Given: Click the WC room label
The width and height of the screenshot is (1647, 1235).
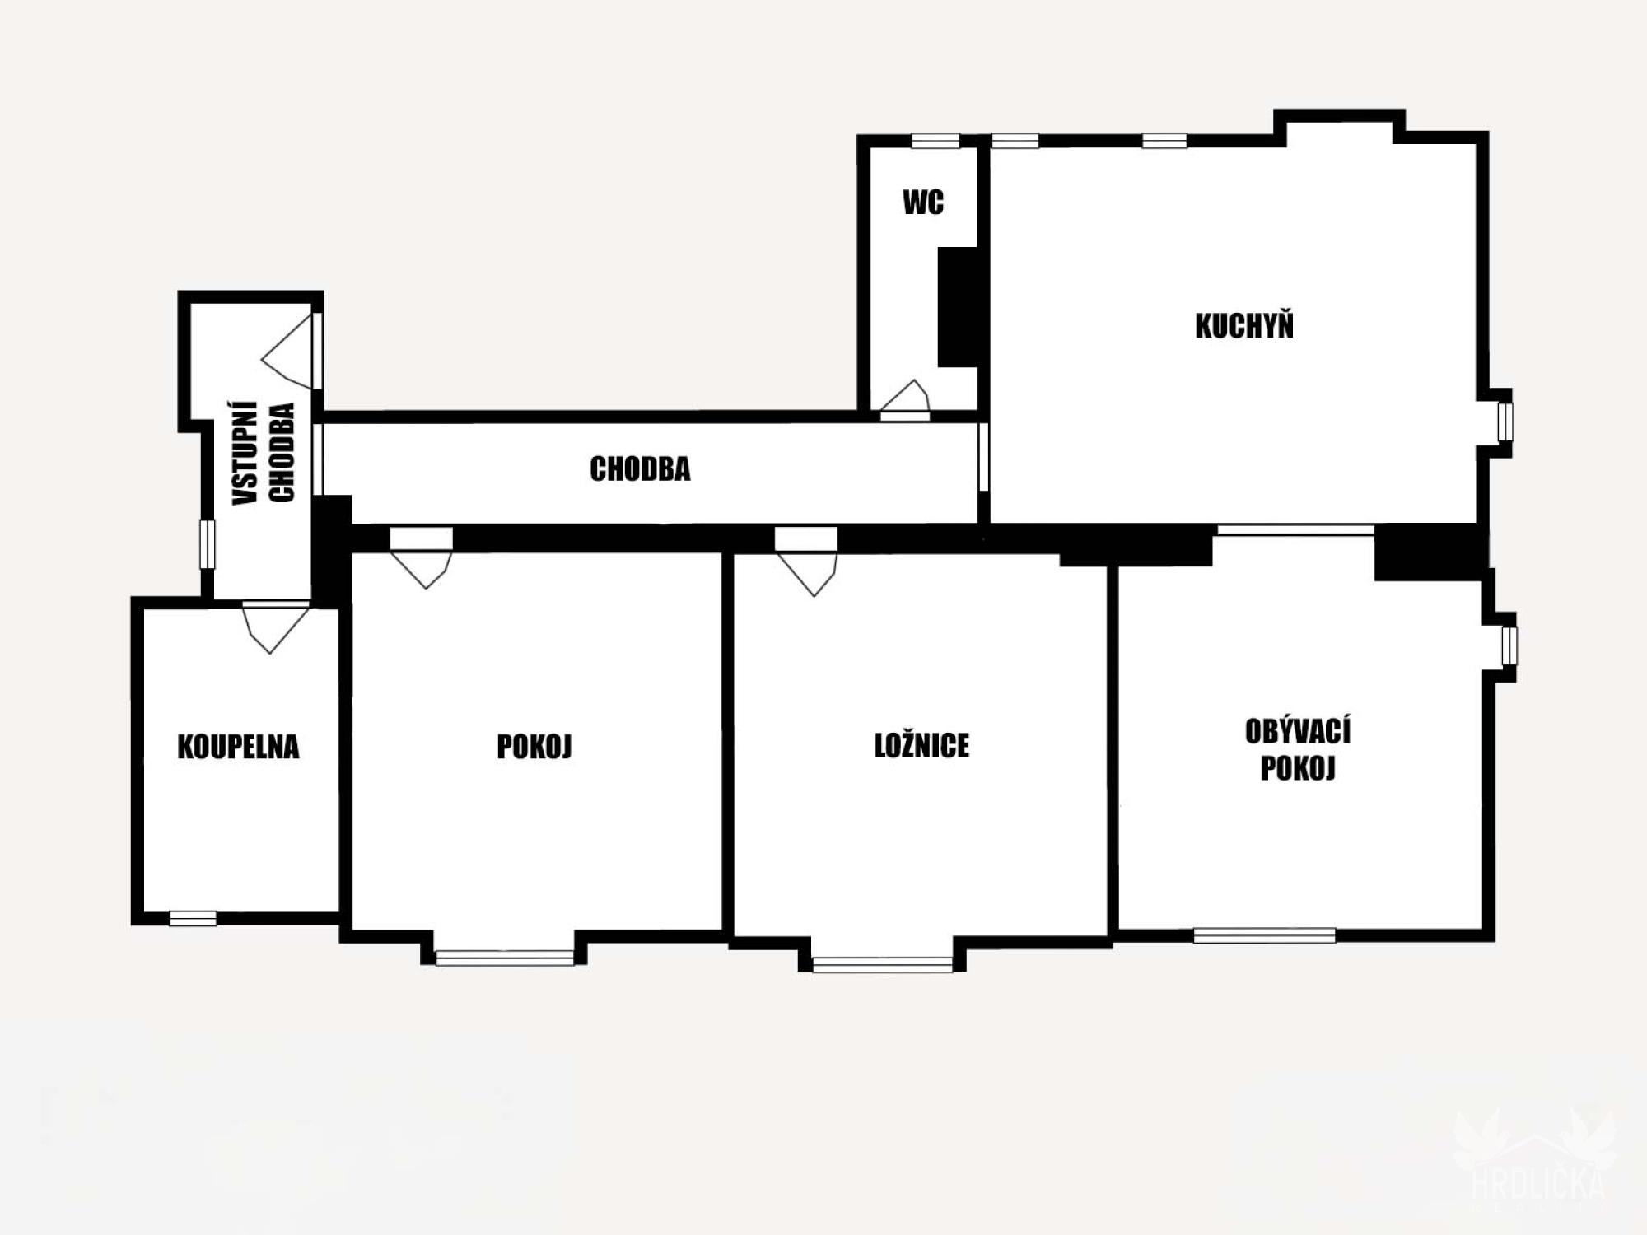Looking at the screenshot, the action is click(x=923, y=203).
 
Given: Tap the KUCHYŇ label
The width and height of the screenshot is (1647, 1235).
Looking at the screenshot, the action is click(x=1244, y=326).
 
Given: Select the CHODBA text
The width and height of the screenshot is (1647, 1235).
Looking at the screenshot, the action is click(x=640, y=469).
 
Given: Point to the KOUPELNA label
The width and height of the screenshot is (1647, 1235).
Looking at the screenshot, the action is click(x=238, y=747).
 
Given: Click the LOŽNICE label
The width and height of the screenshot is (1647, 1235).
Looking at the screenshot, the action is click(x=921, y=746).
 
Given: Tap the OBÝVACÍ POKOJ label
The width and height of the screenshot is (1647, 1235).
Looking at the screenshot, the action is click(x=1298, y=749).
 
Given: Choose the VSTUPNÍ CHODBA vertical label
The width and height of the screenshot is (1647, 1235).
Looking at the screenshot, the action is click(x=264, y=454).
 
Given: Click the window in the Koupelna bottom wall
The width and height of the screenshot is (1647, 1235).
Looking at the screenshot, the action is click(x=193, y=918).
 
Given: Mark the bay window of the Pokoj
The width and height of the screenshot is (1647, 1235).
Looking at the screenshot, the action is click(x=504, y=958).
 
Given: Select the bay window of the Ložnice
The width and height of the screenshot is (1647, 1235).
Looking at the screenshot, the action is click(x=882, y=964).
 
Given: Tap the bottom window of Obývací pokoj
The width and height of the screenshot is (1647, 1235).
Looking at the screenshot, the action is click(x=1264, y=935).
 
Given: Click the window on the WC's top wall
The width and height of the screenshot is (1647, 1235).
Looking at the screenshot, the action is click(x=935, y=141).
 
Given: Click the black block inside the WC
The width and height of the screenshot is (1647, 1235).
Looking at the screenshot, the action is click(x=957, y=306).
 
